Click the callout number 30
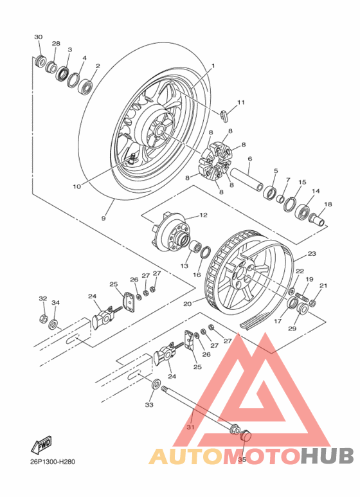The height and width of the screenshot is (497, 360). pyautogui.click(x=38, y=37)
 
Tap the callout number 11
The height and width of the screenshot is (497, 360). pyautogui.click(x=240, y=102)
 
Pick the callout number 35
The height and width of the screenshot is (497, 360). pyautogui.click(x=242, y=459)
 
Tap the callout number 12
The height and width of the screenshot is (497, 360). pyautogui.click(x=203, y=215)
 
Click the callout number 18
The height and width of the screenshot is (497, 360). pyautogui.click(x=328, y=204)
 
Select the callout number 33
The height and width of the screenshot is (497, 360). pyautogui.click(x=149, y=405)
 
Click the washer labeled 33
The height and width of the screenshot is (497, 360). pyautogui.click(x=156, y=385)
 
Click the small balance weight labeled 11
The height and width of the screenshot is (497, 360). pyautogui.click(x=225, y=116)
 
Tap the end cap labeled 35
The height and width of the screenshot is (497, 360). pyautogui.click(x=244, y=438)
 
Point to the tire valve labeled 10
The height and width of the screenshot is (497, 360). pyautogui.click(x=132, y=158)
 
